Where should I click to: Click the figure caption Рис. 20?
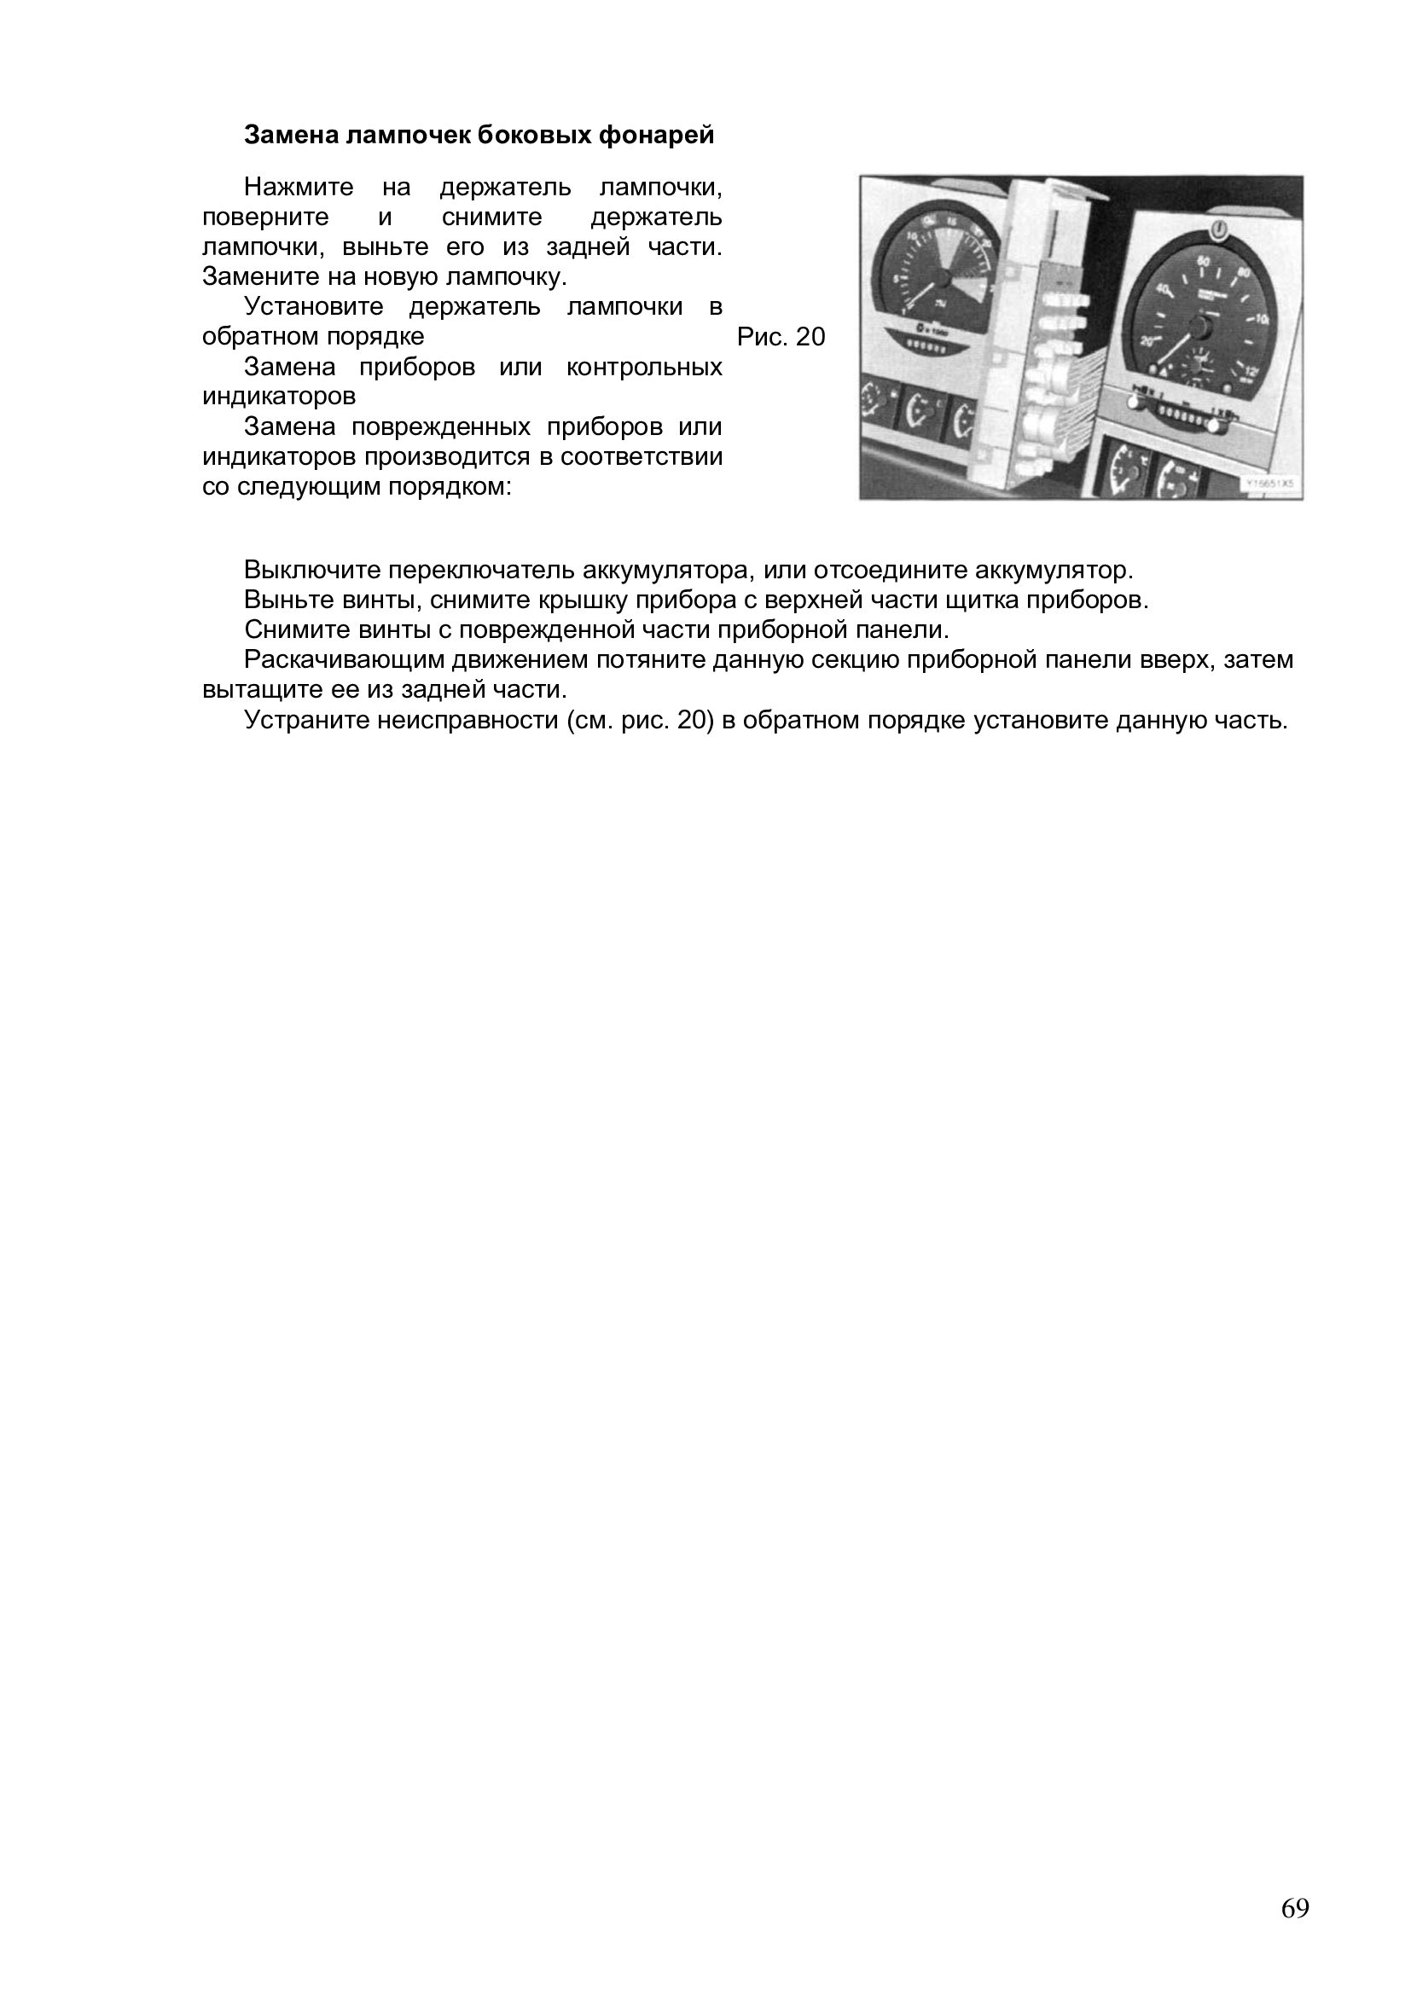click(781, 336)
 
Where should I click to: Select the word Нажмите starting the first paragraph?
click(299, 187)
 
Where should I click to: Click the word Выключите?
click(312, 570)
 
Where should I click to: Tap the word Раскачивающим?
click(344, 659)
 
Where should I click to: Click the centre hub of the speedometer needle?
click(1203, 326)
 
